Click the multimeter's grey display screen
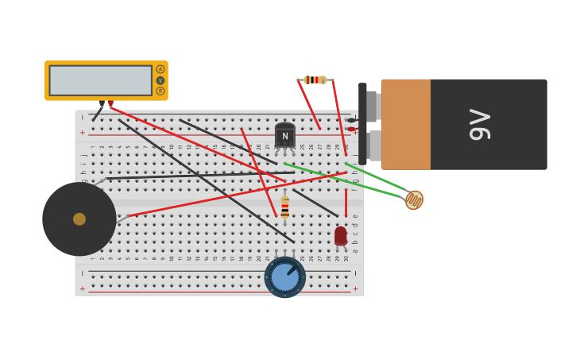click(x=100, y=80)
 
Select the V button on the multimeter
click(x=160, y=80)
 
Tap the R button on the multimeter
click(x=160, y=91)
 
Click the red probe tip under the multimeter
click(x=110, y=103)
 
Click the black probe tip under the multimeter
click(x=102, y=103)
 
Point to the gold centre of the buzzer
click(x=79, y=219)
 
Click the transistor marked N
click(x=284, y=136)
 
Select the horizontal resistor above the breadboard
click(x=315, y=79)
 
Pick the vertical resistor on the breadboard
click(x=284, y=208)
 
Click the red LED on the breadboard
click(x=340, y=235)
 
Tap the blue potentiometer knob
click(x=284, y=277)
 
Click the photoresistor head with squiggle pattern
click(x=414, y=199)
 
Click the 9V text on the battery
click(x=480, y=125)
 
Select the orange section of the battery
click(x=406, y=124)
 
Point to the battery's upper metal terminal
click(x=372, y=106)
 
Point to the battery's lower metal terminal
click(x=374, y=145)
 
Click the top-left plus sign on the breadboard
click(x=82, y=133)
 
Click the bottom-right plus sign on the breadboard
click(x=354, y=288)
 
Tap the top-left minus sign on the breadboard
click(x=82, y=117)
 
